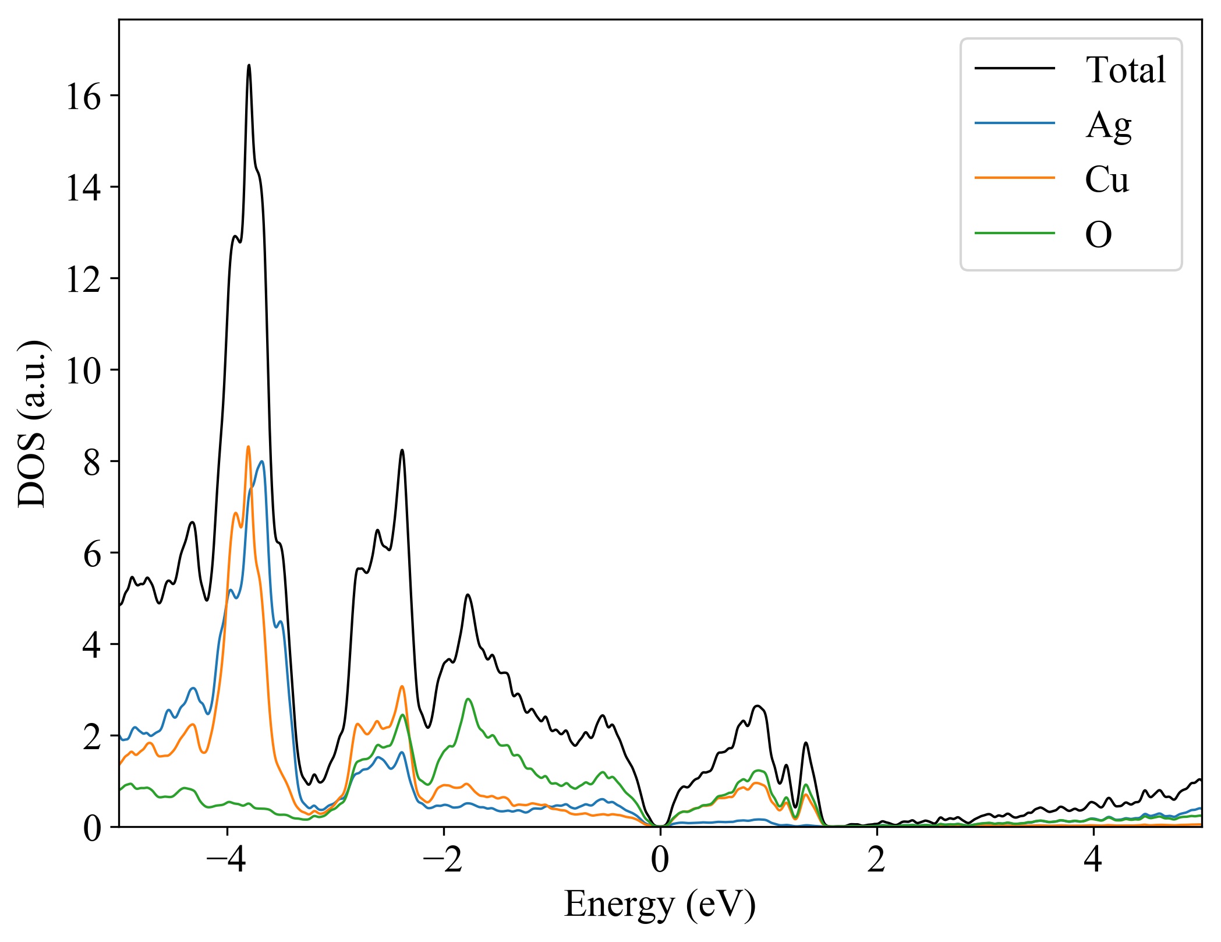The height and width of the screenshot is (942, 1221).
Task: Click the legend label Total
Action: point(1125,70)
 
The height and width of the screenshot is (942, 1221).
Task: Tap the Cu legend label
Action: point(1106,179)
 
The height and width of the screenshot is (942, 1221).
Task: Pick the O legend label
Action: point(1098,235)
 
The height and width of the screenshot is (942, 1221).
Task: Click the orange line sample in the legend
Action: point(1015,177)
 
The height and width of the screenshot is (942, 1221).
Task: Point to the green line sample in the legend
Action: point(1015,232)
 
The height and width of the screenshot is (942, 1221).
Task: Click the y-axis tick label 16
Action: point(83,97)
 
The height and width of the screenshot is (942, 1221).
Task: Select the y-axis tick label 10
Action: point(83,371)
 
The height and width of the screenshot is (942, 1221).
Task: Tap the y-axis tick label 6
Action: point(92,553)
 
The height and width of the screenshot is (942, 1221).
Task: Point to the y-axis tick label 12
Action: point(83,279)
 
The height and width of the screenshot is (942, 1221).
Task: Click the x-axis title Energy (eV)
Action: point(660,905)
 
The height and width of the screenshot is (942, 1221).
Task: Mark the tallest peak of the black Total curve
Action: point(249,65)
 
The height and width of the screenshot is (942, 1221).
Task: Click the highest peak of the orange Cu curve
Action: point(248,447)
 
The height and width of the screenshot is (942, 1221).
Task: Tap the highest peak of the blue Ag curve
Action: point(262,461)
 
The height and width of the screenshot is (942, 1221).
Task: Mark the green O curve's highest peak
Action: point(468,699)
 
